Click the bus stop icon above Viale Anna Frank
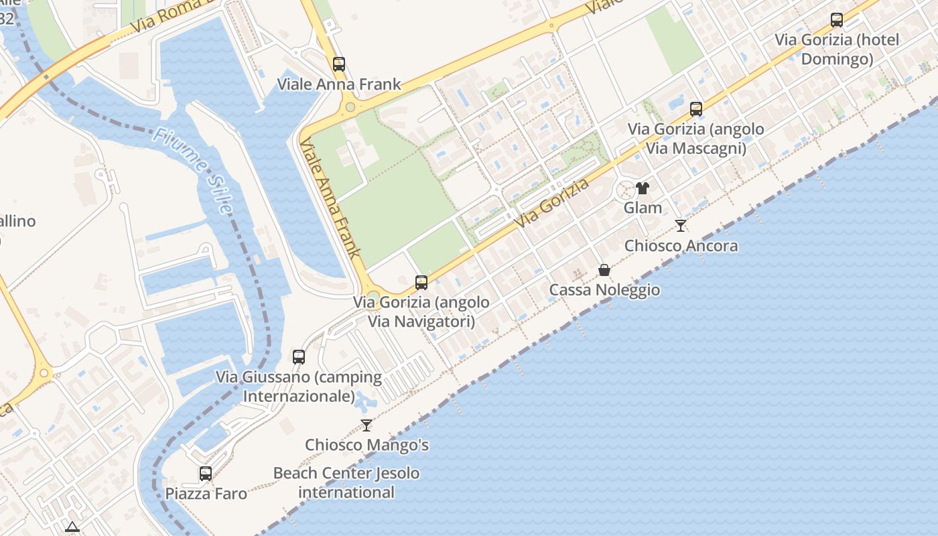[x=339, y=64]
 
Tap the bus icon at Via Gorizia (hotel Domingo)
[x=837, y=20]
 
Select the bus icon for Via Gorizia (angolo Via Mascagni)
[x=696, y=109]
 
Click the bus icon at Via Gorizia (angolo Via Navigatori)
[x=421, y=283]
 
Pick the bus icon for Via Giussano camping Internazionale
[x=299, y=357]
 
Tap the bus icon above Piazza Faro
[x=206, y=474]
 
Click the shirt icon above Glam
[x=643, y=188]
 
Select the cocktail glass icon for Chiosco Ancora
[x=681, y=226]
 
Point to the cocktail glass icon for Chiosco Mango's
[x=366, y=425]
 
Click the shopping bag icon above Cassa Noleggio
[x=604, y=270]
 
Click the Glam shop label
[x=643, y=208]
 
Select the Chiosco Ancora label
[x=681, y=246]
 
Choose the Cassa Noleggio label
[x=604, y=290]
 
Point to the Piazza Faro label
[x=206, y=494]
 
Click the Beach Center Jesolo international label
[x=346, y=482]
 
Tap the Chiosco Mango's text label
[x=366, y=445]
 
